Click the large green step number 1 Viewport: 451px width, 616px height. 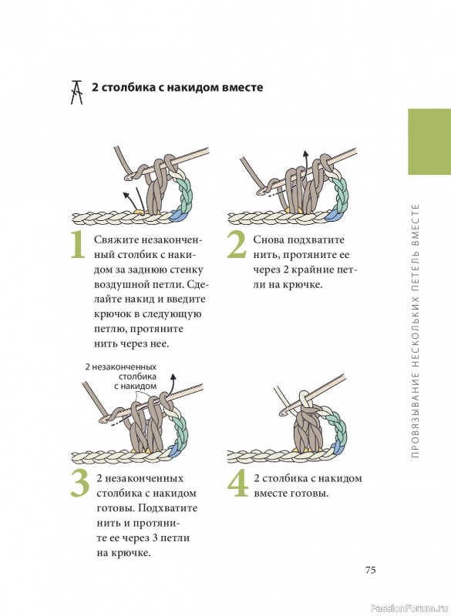[78, 245]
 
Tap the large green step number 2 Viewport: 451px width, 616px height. [237, 245]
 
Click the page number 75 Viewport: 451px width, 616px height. [370, 570]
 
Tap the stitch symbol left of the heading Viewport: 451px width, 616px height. [76, 92]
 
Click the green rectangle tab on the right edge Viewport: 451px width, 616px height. [429, 142]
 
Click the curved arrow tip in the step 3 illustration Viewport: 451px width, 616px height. [173, 377]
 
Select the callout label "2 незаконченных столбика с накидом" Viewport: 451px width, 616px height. [121, 377]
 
